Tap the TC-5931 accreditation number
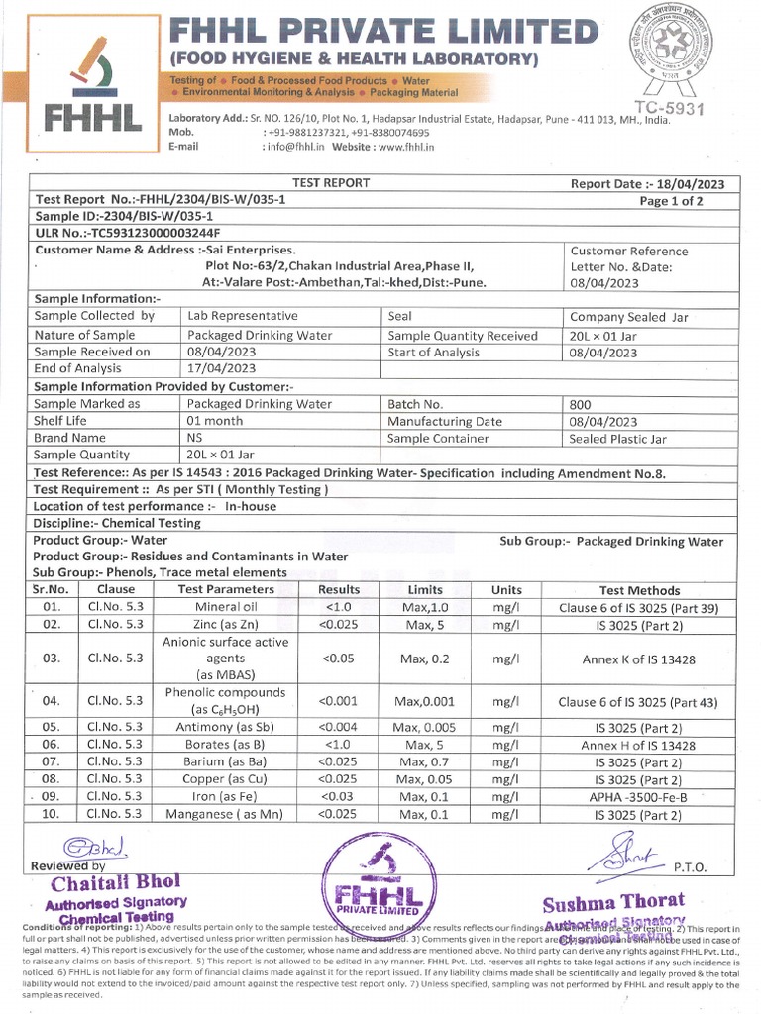pyautogui.click(x=669, y=107)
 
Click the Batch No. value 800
pyautogui.click(x=581, y=404)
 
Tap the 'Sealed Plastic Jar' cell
pyautogui.click(x=618, y=438)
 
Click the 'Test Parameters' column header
pyautogui.click(x=225, y=589)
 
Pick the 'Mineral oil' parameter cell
pyautogui.click(x=225, y=606)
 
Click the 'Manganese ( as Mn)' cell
pyautogui.click(x=225, y=814)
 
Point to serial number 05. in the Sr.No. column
pyautogui.click(x=53, y=727)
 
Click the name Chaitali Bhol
pyautogui.click(x=103, y=883)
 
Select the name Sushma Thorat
pyautogui.click(x=613, y=901)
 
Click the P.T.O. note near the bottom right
pyautogui.click(x=690, y=866)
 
